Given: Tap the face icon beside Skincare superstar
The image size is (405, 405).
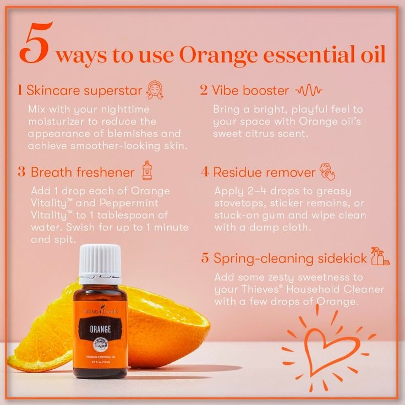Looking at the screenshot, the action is (155, 90).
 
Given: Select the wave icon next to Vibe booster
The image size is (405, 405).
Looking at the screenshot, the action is (309, 90).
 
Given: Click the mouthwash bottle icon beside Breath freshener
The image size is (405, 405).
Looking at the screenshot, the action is (147, 170).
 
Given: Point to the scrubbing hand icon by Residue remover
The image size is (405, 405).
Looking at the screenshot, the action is (327, 172).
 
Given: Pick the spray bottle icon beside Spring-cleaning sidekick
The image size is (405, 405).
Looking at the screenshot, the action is (380, 256).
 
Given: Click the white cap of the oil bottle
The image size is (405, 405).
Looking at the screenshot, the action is (100, 264).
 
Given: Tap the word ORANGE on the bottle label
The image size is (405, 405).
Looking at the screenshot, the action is (100, 329).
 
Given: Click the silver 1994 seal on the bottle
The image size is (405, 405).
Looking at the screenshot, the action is (100, 344).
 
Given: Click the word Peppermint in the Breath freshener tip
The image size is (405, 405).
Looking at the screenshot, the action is (129, 203).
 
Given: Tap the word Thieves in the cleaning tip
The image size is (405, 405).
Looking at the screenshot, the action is (259, 289).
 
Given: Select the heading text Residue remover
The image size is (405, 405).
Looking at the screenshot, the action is (264, 172).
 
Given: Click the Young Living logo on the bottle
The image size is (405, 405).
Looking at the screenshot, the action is (101, 310).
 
